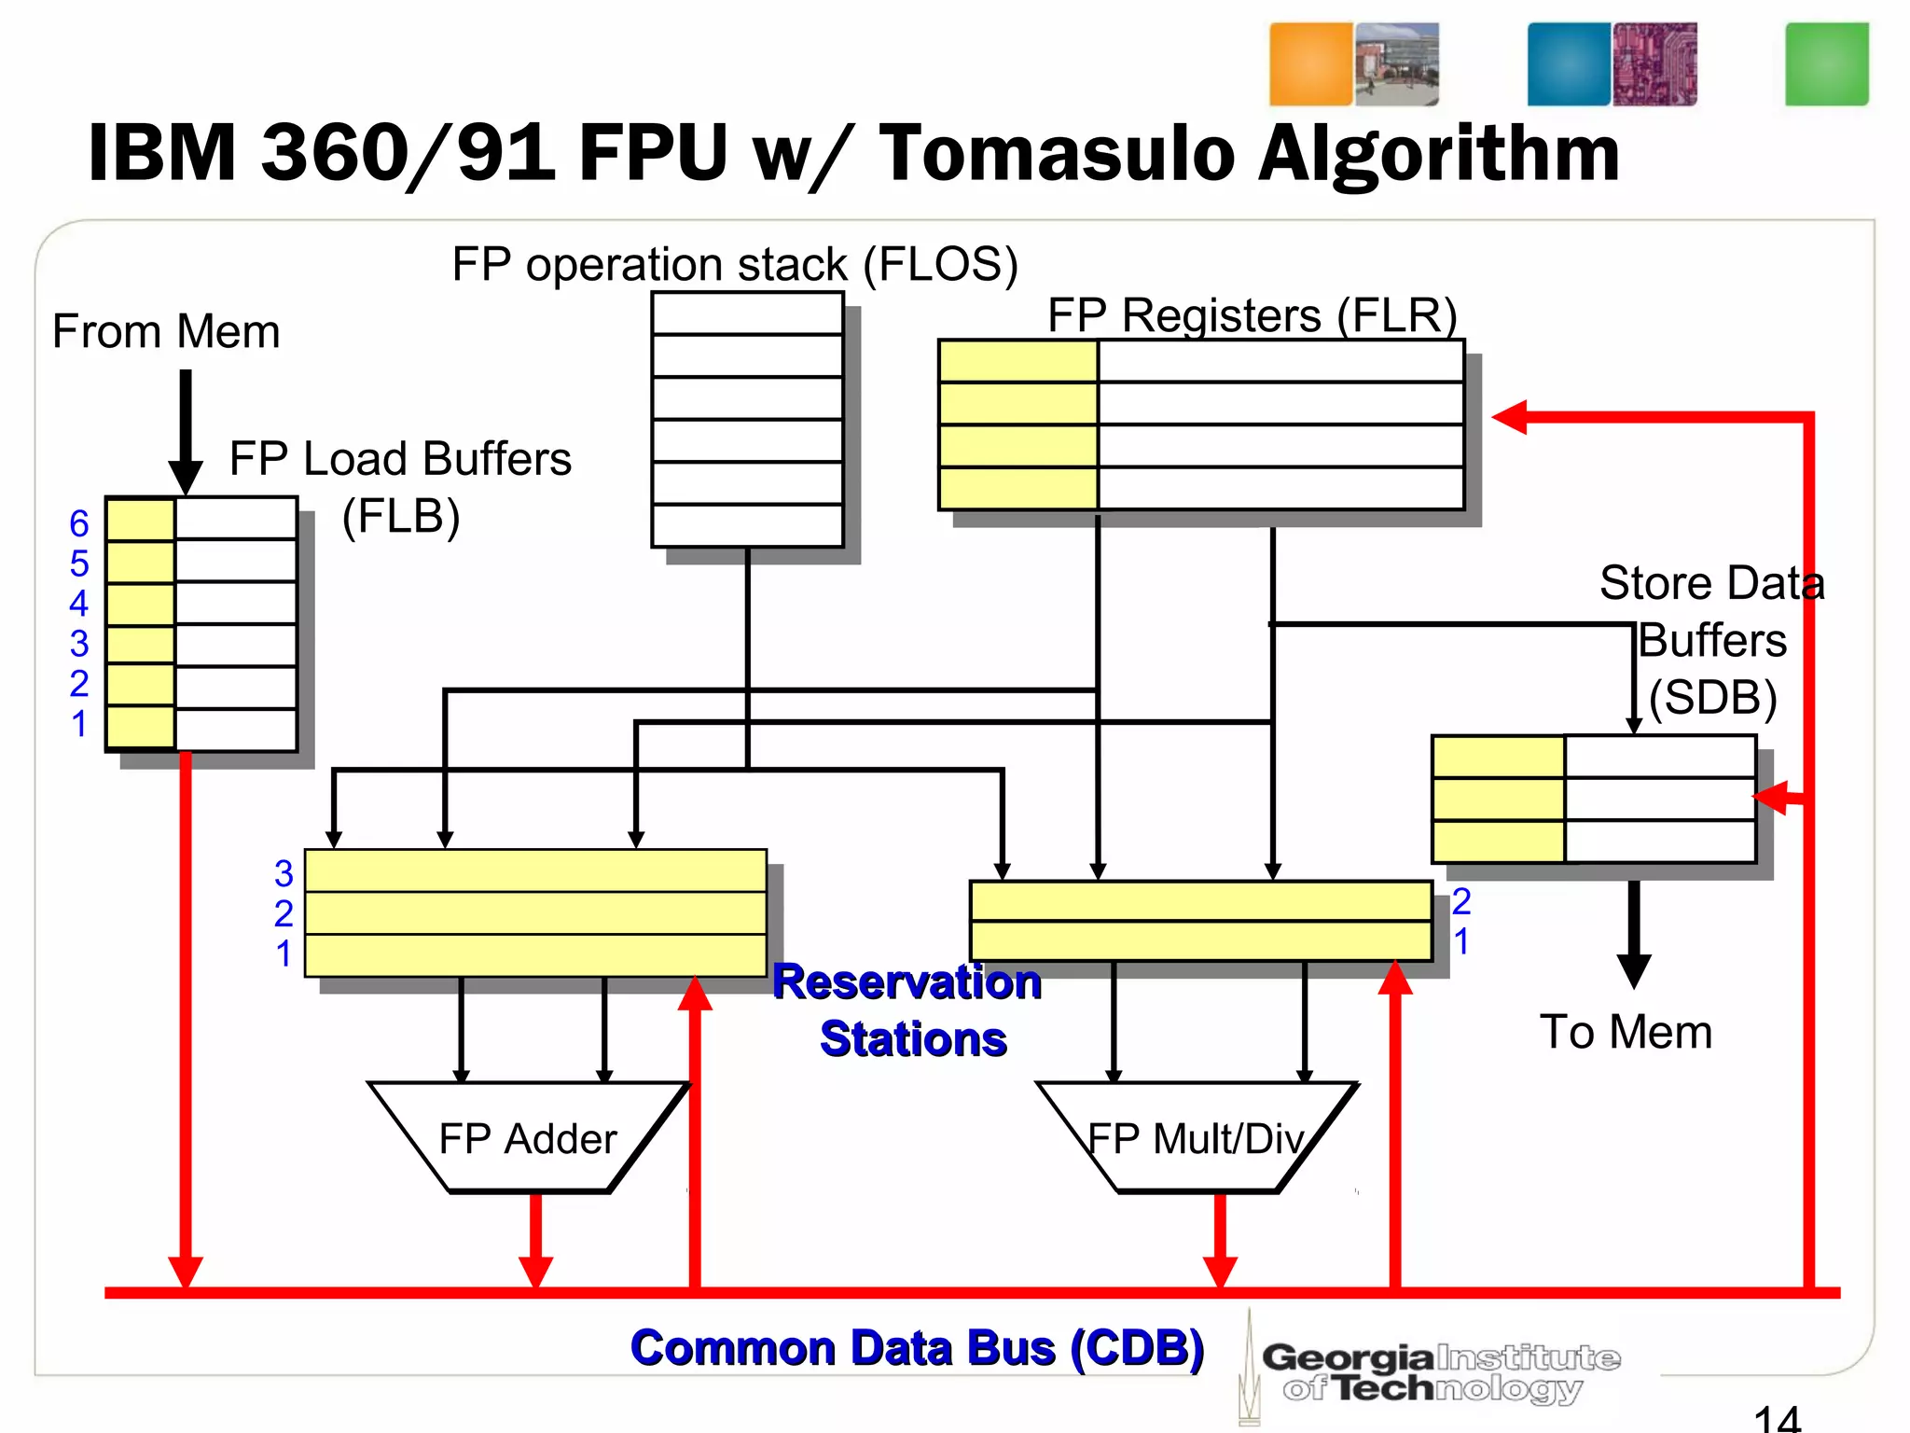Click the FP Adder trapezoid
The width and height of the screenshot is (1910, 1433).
pos(528,1138)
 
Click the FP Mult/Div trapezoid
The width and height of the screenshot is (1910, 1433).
pos(1197,1138)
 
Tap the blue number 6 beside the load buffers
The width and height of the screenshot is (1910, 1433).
pos(79,523)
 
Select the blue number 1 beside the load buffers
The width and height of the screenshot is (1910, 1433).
pos(79,724)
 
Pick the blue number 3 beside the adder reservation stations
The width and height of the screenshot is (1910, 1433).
pos(284,874)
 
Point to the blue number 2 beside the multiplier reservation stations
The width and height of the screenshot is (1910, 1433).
pos(1461,901)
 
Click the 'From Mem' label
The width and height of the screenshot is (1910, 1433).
pos(166,331)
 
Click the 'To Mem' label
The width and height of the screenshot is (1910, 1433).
pos(1626,1032)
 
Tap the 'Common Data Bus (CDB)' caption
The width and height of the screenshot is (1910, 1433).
pos(917,1348)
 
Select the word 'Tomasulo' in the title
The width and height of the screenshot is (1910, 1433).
pos(1058,154)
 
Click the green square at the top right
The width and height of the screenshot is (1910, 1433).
pos(1826,64)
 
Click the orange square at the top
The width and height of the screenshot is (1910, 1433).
pos(1310,64)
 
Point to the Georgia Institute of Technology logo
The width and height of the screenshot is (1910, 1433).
pos(1436,1371)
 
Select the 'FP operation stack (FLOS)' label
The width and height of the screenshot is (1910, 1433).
pos(735,264)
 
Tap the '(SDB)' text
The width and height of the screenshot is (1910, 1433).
pos(1713,697)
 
